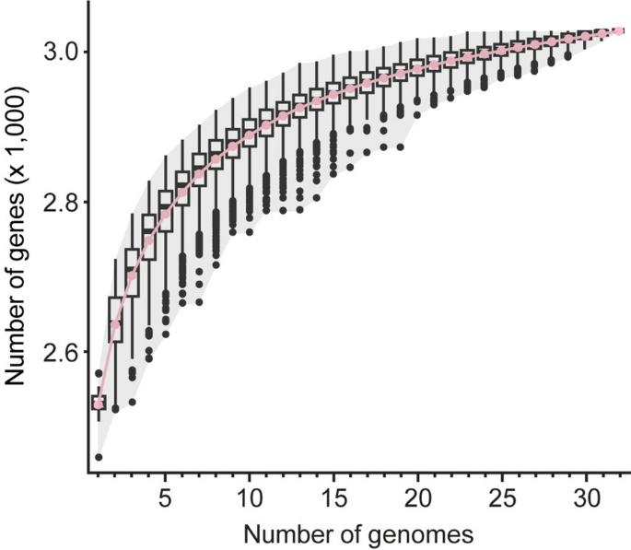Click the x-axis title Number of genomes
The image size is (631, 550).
[358, 532]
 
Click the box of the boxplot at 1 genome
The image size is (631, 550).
[99, 403]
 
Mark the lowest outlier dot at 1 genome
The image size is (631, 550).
[99, 457]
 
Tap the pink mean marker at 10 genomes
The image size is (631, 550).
[250, 135]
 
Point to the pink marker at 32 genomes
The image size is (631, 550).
[620, 31]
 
